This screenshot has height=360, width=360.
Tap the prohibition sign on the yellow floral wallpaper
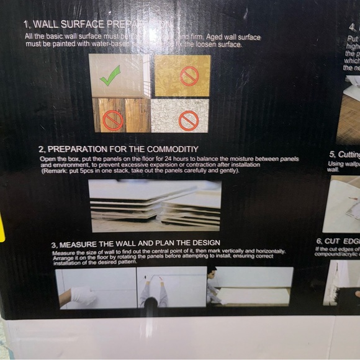(189, 76)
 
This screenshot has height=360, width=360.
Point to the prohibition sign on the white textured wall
(188, 120)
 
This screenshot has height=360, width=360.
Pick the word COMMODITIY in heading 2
(171, 149)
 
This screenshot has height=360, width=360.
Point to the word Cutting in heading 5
(349, 155)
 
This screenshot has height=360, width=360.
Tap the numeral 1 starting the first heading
(25, 25)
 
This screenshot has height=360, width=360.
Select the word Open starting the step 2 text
(48, 160)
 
